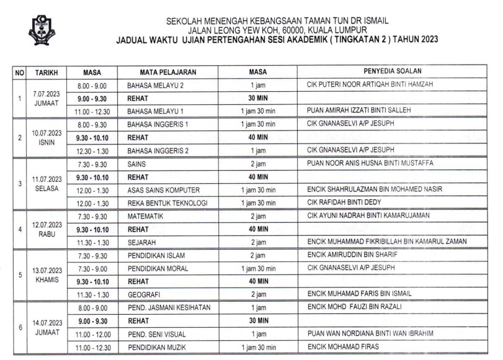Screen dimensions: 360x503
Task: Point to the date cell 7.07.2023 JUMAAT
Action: click(47, 97)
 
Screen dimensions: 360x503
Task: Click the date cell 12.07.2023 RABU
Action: click(47, 228)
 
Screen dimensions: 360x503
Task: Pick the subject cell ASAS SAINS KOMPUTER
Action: click(159, 189)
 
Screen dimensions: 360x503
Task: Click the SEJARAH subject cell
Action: click(141, 241)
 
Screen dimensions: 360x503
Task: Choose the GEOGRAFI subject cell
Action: click(143, 294)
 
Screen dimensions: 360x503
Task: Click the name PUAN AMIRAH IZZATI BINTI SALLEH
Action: click(358, 110)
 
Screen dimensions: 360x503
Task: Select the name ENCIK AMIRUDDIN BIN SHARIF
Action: click(347, 254)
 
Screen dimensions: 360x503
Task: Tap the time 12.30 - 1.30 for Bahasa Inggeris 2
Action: click(91, 150)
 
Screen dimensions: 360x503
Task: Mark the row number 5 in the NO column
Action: click(19, 274)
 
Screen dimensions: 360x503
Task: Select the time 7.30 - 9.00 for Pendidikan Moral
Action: click(91, 268)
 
